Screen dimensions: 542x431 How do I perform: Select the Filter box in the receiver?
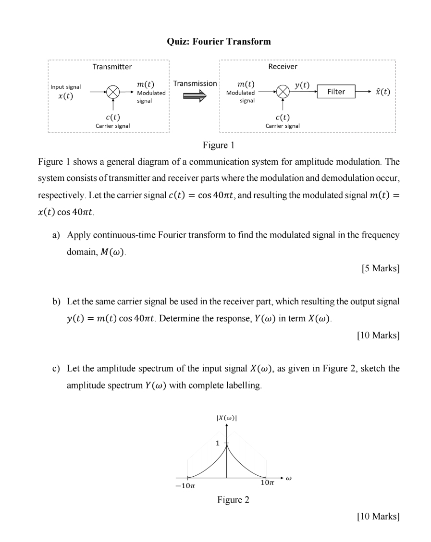336,91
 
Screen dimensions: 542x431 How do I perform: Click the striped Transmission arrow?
194,96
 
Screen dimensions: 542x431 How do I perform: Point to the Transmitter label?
112,67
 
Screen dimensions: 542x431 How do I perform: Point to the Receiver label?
283,67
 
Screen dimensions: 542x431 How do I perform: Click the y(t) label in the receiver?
302,84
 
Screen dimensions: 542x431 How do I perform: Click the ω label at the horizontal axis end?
288,478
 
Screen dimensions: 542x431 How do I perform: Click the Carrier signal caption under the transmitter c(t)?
112,126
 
